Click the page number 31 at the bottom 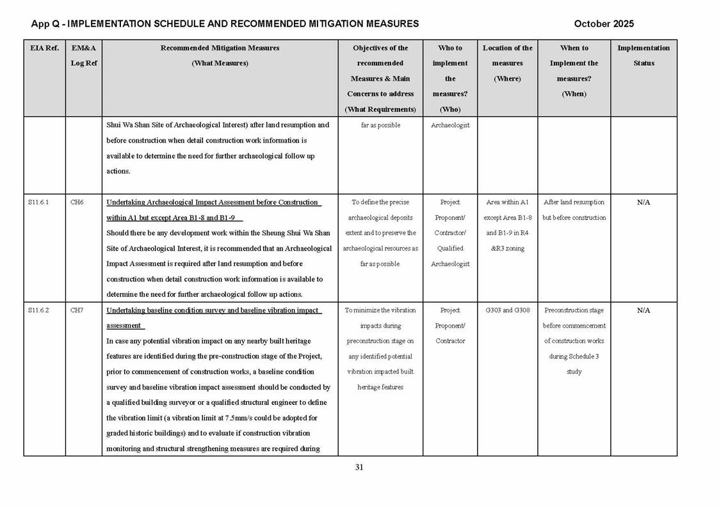click(359, 467)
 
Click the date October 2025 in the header click(604, 24)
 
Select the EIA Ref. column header click(44, 48)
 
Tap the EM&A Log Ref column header click(83, 56)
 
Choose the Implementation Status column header click(643, 56)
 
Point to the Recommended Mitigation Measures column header click(220, 56)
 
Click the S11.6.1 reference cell click(38, 202)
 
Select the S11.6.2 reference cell click(38, 310)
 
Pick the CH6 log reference click(77, 202)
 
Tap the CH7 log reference click(77, 310)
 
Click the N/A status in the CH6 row click(643, 202)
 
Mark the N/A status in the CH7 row click(643, 310)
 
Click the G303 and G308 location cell click(507, 310)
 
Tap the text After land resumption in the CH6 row click(574, 202)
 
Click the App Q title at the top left click(225, 24)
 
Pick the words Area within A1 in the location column click(507, 202)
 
